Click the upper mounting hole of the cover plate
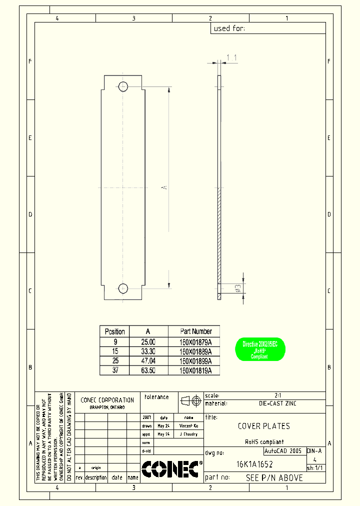tap(123, 86)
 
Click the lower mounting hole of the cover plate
tap(123, 288)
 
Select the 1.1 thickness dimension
tap(231, 58)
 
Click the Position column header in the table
tap(114, 331)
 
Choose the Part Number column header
tap(196, 331)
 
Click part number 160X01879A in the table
tap(196, 341)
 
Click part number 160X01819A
tap(196, 371)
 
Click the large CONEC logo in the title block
tap(170, 469)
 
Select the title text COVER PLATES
tap(263, 426)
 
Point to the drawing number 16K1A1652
tap(254, 464)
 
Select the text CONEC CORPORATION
tap(107, 400)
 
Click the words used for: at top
tap(229, 28)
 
